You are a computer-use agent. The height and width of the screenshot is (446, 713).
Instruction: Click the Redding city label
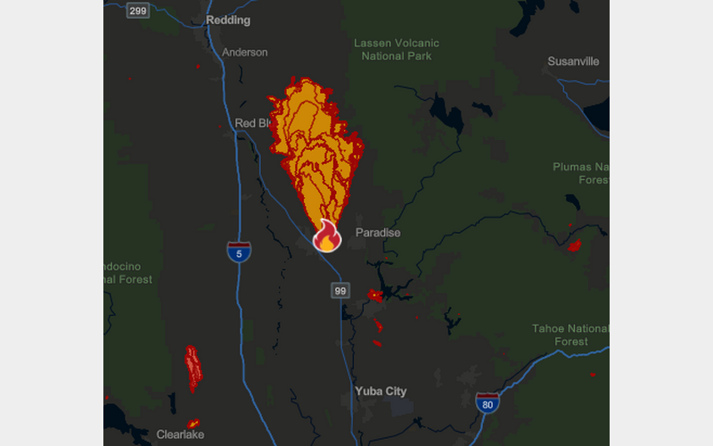[x=228, y=20]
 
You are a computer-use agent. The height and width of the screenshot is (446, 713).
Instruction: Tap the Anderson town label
[x=244, y=52]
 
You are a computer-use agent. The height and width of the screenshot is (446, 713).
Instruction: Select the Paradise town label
[x=378, y=232]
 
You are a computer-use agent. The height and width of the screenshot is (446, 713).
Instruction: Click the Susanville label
[x=573, y=62]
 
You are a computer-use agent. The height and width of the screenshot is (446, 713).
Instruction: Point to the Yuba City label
[x=381, y=391]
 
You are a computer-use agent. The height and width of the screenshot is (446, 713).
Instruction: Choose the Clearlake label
[x=181, y=434]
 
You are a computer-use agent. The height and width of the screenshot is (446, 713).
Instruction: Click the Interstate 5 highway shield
[x=238, y=251]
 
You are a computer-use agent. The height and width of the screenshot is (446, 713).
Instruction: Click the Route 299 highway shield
[x=137, y=10]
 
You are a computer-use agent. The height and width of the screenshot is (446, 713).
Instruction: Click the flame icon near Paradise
[x=326, y=237]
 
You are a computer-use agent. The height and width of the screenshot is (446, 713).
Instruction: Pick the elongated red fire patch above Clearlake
[x=193, y=368]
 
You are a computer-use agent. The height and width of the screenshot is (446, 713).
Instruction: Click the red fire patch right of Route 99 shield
[x=374, y=294]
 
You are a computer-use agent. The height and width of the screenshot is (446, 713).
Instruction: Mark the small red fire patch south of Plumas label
[x=574, y=245]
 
